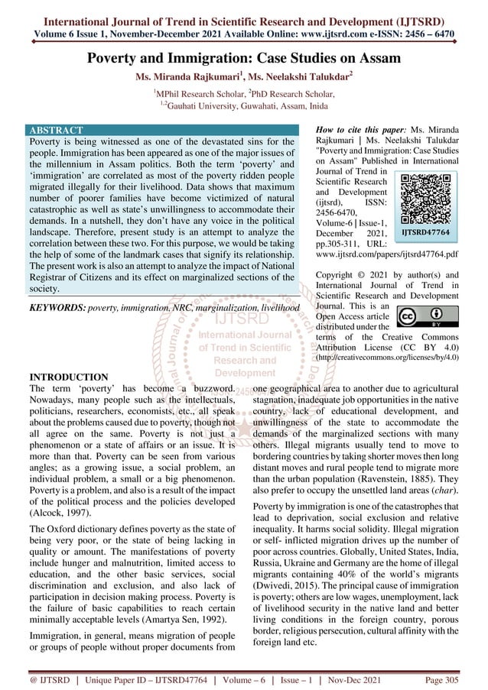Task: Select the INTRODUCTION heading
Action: tap(68, 377)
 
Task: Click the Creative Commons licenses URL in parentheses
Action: tap(387, 357)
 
